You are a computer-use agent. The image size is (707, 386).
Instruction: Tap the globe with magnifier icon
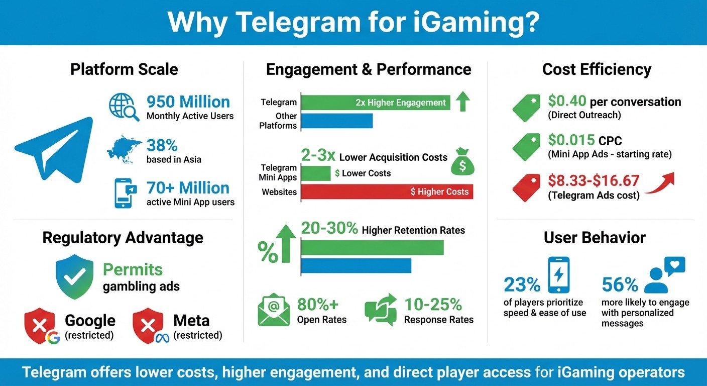(124, 107)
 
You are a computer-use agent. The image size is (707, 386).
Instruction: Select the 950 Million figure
(188, 102)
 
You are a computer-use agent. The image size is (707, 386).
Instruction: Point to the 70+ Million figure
(188, 188)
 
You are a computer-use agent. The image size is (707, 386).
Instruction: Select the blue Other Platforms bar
(337, 121)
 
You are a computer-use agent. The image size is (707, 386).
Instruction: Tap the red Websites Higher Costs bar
(387, 191)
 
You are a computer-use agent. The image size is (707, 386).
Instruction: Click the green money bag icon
(462, 162)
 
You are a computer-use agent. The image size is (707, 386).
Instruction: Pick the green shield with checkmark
(74, 277)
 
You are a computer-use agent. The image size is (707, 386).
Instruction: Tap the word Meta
(191, 320)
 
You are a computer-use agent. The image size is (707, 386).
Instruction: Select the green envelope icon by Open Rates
(274, 311)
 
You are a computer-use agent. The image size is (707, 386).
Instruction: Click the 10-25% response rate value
(433, 305)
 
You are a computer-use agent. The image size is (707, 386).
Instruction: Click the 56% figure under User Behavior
(620, 285)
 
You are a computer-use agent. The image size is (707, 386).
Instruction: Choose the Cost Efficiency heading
(597, 69)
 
